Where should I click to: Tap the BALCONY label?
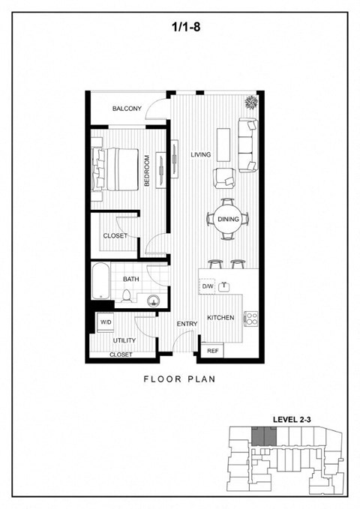coord(127,109)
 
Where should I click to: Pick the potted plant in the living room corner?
coord(250,102)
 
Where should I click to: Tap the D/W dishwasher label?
coord(208,286)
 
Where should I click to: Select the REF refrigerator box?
coord(212,350)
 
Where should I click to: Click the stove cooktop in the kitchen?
coord(251,318)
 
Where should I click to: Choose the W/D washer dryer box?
coord(106,322)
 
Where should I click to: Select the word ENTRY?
coord(186,324)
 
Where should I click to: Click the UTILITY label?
coord(124,340)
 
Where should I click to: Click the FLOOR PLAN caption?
coord(180,379)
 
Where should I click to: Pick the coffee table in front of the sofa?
coord(223,142)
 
